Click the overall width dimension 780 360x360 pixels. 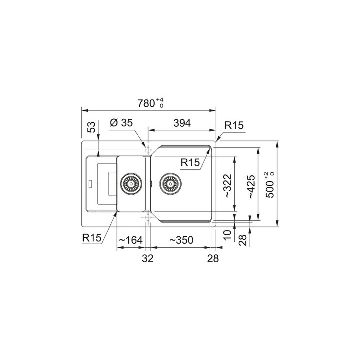(x=147, y=103)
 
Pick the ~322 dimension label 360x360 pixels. (x=228, y=186)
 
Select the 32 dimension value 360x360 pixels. (x=147, y=258)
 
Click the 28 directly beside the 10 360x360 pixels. (x=243, y=239)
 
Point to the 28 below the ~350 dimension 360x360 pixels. (x=213, y=258)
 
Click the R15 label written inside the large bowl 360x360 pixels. (x=190, y=162)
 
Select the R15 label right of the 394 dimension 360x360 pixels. (x=233, y=126)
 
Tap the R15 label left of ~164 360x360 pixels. (x=92, y=238)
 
